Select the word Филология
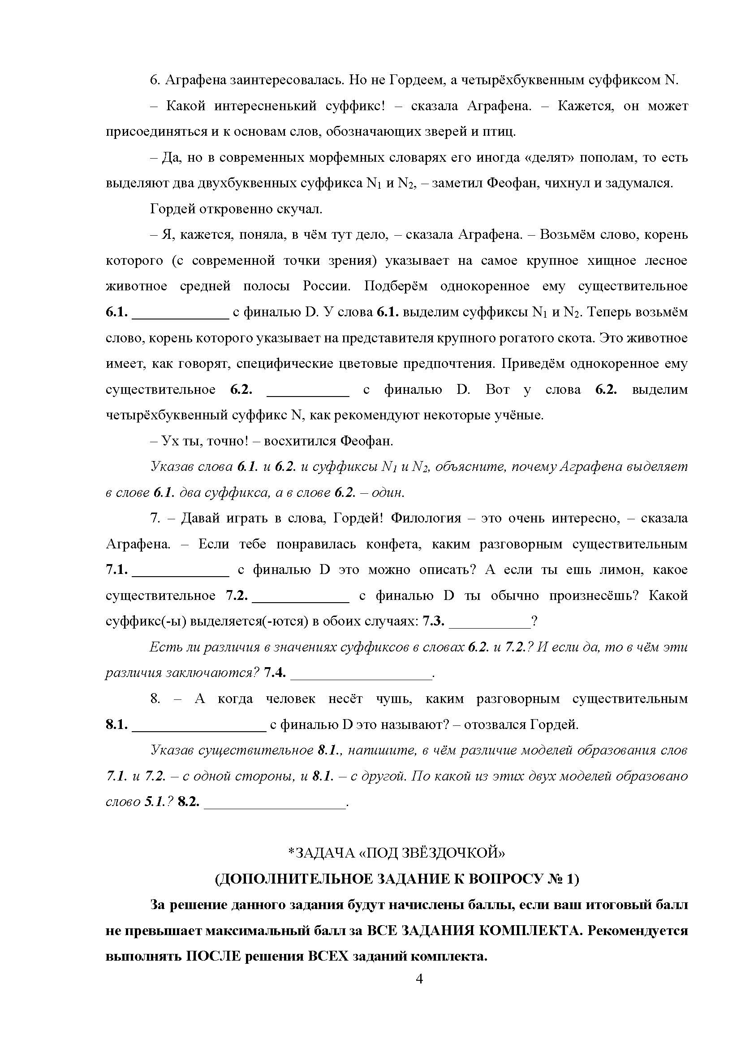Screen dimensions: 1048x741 point(426,518)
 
